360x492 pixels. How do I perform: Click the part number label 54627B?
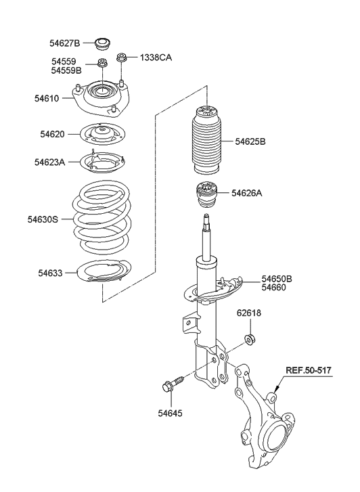tap(64, 43)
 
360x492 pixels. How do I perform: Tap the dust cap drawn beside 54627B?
tap(103, 44)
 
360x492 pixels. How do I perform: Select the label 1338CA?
tap(156, 58)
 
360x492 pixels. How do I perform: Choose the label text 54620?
tap(52, 134)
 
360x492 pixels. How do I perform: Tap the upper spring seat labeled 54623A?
tap(101, 163)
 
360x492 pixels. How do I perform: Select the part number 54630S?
tap(43, 219)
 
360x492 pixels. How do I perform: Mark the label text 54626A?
tap(246, 193)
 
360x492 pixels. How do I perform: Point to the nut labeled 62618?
tap(250, 338)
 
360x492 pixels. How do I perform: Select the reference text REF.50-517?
tap(309, 370)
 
